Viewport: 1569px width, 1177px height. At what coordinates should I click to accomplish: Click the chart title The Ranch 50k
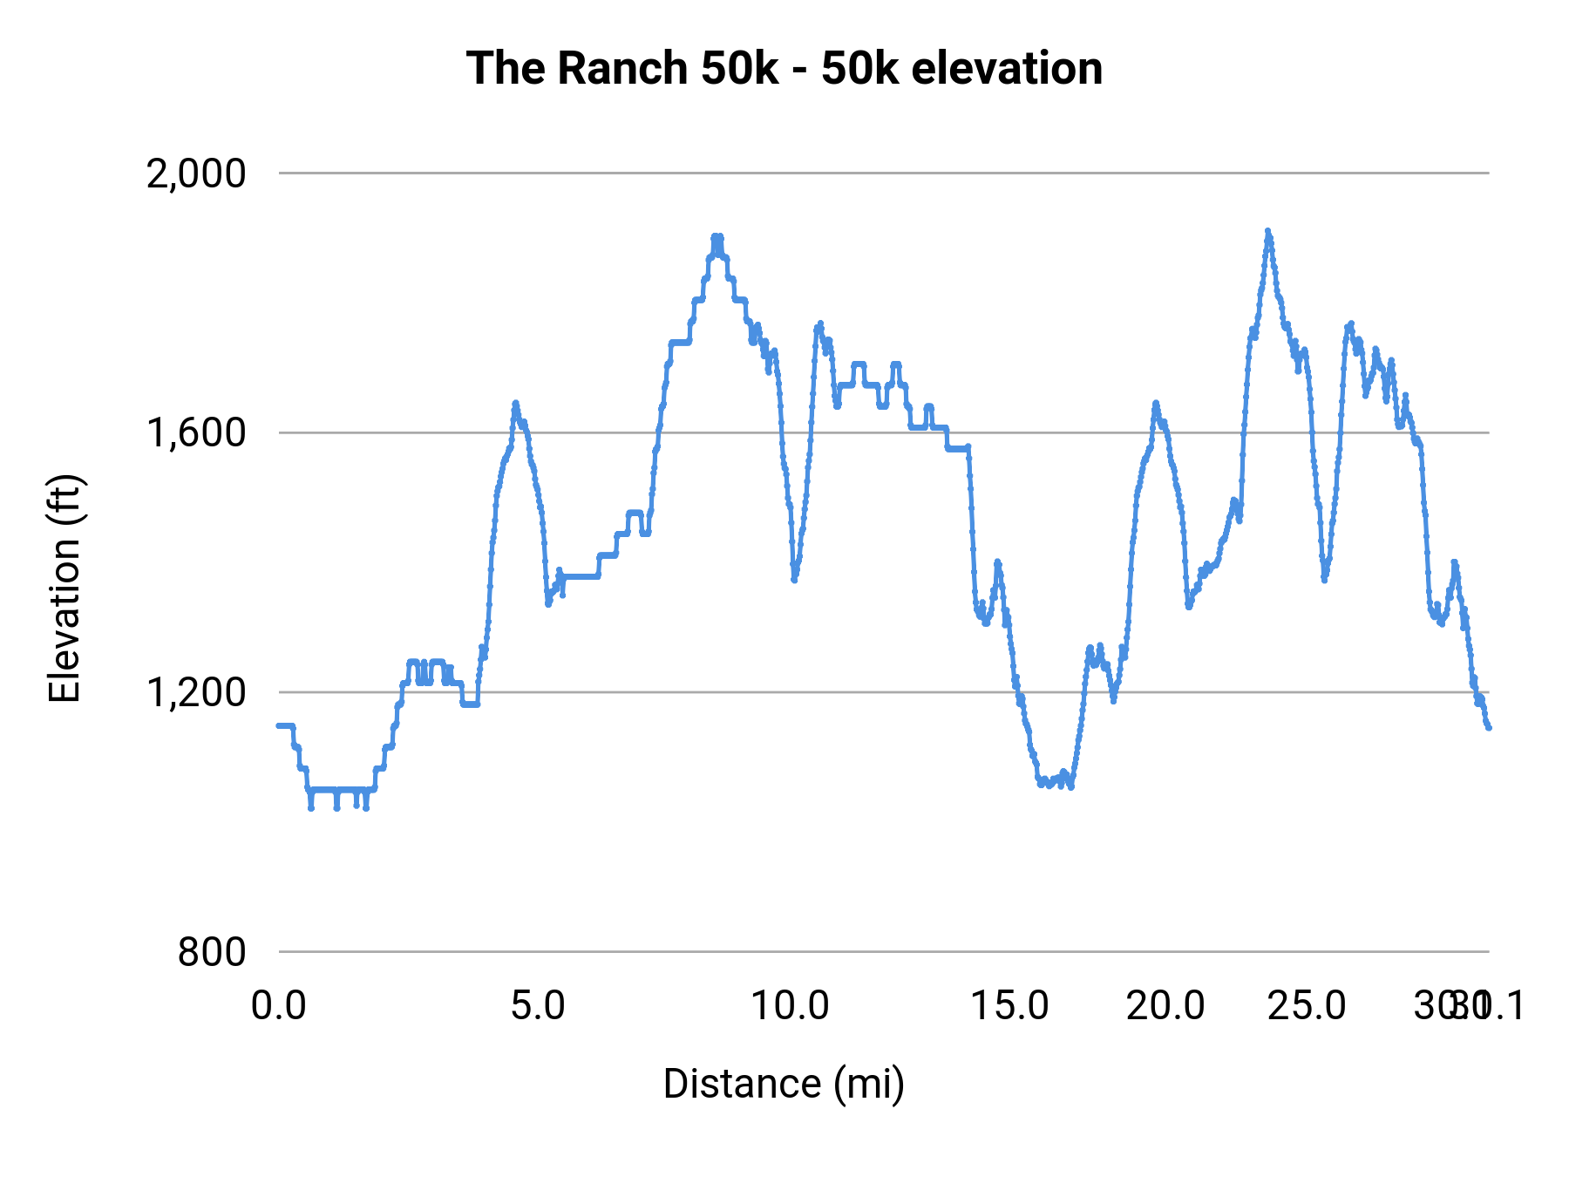[784, 68]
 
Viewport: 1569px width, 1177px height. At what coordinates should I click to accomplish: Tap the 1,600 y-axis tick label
[196, 433]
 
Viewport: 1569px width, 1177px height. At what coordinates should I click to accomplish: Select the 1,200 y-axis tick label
[196, 693]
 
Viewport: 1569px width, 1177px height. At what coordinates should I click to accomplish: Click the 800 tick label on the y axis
[212, 952]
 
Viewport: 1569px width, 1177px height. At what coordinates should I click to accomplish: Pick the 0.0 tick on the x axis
[279, 1006]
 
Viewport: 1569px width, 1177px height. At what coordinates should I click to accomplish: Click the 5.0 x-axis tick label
[537, 1006]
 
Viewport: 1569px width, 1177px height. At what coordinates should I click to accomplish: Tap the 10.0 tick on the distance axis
[790, 1006]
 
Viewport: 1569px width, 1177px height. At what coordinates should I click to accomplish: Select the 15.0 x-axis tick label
[1010, 1006]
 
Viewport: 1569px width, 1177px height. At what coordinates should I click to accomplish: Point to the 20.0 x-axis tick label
[1165, 1006]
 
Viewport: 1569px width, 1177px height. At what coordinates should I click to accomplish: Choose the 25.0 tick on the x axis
[1307, 1006]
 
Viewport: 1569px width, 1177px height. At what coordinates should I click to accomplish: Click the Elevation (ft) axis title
[65, 588]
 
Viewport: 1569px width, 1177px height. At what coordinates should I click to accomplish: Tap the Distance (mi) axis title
[784, 1084]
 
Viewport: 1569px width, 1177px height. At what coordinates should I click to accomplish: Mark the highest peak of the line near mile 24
[1267, 231]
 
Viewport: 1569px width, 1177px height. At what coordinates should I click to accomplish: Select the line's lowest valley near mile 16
[1070, 786]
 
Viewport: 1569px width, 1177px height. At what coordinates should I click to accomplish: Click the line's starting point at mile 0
[279, 725]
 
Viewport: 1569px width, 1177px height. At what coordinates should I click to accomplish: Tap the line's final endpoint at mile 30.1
[1489, 727]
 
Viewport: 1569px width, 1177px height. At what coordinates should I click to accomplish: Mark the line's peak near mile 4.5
[515, 403]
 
